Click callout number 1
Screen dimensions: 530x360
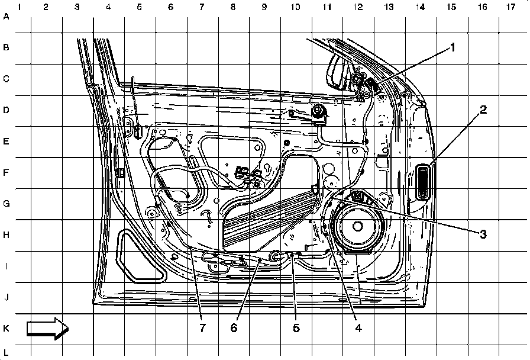[x=453, y=47]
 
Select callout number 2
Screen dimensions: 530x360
[x=483, y=110]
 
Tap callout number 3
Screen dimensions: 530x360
[x=483, y=234]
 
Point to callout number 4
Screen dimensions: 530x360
[x=357, y=326]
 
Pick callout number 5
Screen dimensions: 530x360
[x=296, y=326]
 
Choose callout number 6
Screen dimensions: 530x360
[x=234, y=326]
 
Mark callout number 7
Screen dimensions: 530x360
[x=201, y=326]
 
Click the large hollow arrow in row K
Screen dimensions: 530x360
[x=48, y=328]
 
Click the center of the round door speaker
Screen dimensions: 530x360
[x=357, y=226]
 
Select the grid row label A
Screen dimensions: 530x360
[x=7, y=17]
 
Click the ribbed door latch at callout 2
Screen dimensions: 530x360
[x=424, y=182]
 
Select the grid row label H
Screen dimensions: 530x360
[x=7, y=235]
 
